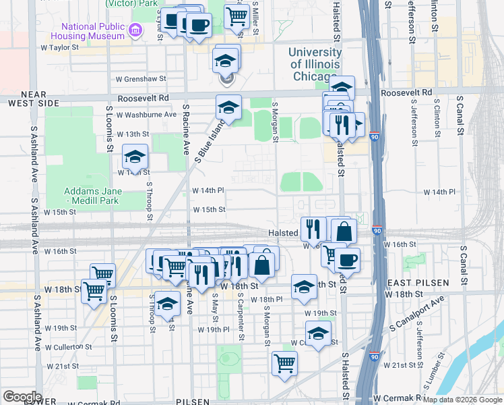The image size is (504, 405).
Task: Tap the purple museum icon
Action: point(136,30)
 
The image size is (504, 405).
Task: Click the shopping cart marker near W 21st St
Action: point(285,362)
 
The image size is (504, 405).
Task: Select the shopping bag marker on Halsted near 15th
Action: point(344,230)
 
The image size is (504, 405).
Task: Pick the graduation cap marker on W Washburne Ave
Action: point(228,107)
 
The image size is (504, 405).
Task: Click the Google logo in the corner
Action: point(22,397)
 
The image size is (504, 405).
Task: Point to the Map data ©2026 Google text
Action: point(462,400)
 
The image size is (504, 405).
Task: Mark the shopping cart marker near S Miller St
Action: point(237,16)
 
